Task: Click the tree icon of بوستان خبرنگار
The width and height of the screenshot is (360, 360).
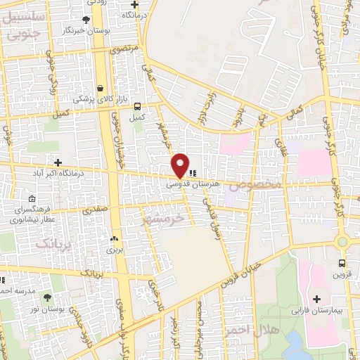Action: coord(86,20)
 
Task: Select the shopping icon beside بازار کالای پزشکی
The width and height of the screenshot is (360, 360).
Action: coord(101,88)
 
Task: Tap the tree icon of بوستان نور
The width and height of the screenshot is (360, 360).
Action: coord(47,298)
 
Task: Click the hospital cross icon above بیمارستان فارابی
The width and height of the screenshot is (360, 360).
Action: coord(316,300)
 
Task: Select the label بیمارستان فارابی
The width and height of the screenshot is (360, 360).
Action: coord(316,311)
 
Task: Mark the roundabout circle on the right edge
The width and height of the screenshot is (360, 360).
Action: coord(342,242)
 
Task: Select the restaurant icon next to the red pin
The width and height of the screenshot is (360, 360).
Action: coord(193,172)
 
